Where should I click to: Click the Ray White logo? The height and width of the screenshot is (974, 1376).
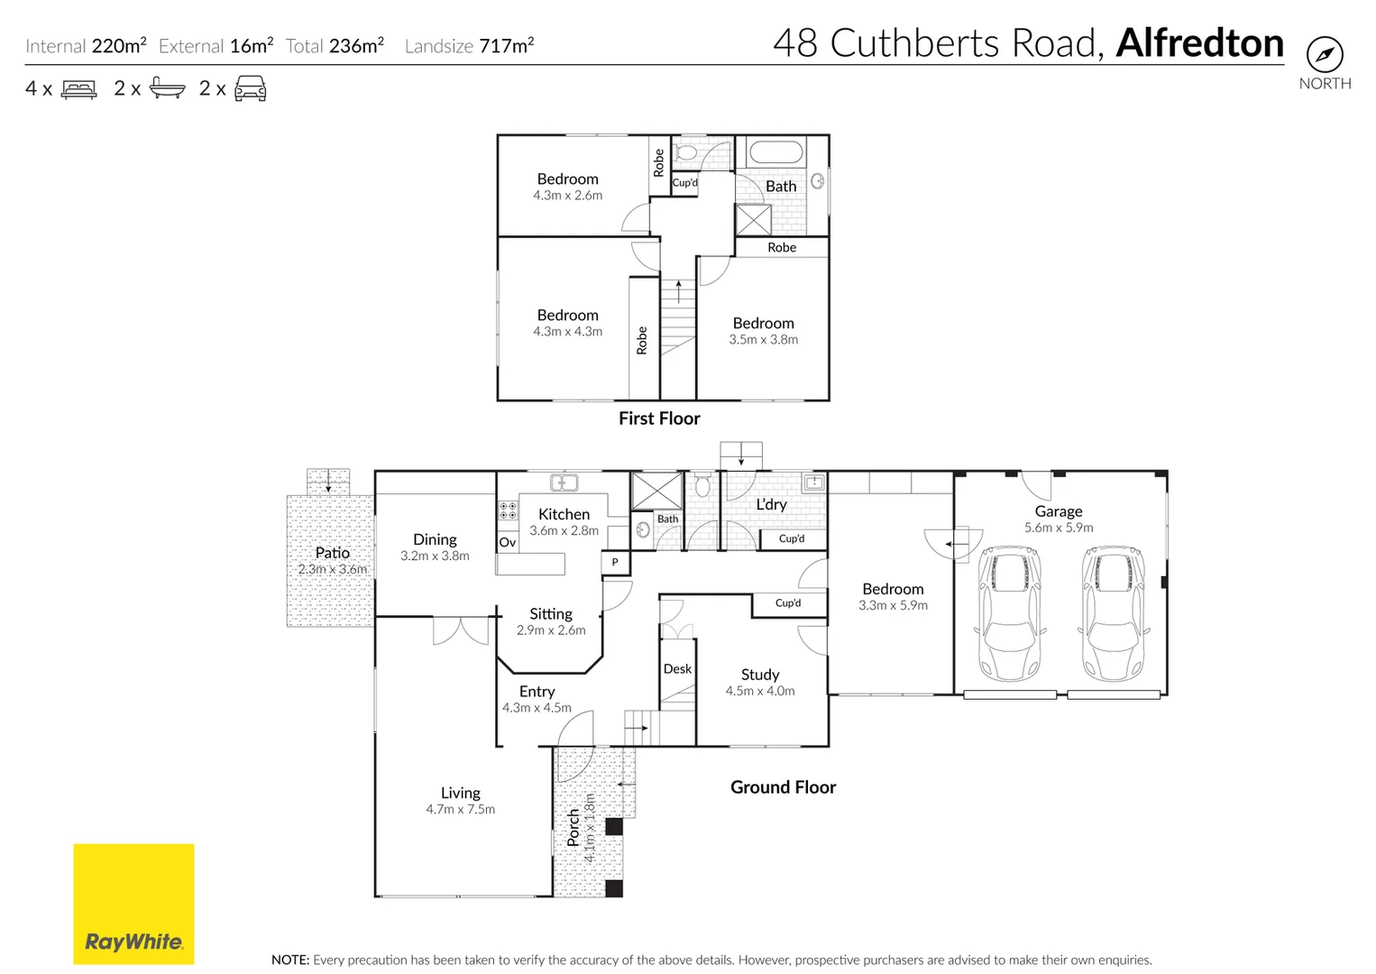[x=133, y=904]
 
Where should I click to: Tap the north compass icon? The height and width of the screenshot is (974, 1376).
[x=1324, y=55]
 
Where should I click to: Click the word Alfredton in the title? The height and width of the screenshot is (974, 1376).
[x=1199, y=43]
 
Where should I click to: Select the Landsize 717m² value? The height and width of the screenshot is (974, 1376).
[x=506, y=46]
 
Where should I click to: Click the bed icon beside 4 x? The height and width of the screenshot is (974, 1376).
[x=79, y=89]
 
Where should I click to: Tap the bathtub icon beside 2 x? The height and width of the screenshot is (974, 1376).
[x=167, y=88]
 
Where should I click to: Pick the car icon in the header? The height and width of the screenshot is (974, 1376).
[x=250, y=88]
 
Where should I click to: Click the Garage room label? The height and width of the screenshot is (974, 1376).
[x=1058, y=511]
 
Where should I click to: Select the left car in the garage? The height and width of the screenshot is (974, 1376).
[x=1010, y=613]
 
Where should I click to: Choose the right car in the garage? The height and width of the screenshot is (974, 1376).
[x=1115, y=613]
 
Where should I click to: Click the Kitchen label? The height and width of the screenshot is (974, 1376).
[x=564, y=514]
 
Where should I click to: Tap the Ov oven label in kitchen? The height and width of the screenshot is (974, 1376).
[x=508, y=542]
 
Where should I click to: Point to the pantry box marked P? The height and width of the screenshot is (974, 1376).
[x=615, y=563]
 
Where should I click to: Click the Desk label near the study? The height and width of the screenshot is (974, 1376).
[x=677, y=669]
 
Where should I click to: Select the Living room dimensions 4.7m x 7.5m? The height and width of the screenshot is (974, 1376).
[x=460, y=810]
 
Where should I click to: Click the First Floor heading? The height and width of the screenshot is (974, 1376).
[x=659, y=418]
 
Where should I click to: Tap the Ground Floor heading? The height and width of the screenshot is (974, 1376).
[x=783, y=787]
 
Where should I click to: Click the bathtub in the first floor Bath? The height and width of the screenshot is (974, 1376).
[x=775, y=152]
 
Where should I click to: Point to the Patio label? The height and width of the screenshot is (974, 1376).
[x=332, y=553]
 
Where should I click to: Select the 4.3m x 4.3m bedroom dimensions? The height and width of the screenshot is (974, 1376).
[x=567, y=332]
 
